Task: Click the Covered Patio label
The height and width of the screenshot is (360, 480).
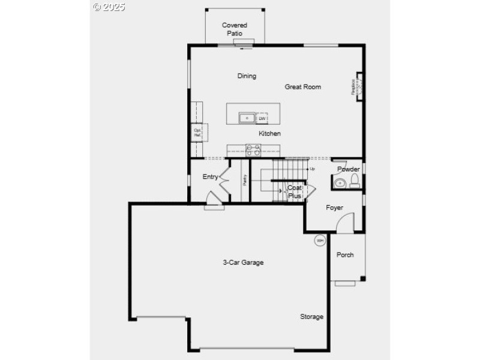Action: tap(235, 29)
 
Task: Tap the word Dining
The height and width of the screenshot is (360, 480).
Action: tap(247, 76)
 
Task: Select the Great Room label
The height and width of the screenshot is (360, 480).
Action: tap(302, 87)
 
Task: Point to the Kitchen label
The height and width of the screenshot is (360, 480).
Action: tap(269, 133)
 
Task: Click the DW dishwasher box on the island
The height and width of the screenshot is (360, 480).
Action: tap(262, 118)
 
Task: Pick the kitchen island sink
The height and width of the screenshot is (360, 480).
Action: tap(247, 118)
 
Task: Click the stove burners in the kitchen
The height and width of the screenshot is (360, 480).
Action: tap(253, 151)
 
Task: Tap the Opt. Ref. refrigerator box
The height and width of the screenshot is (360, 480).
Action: tap(197, 133)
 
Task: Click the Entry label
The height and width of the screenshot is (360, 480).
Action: tap(210, 176)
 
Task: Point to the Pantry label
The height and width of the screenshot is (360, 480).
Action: tap(245, 179)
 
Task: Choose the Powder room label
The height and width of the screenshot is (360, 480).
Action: tap(348, 169)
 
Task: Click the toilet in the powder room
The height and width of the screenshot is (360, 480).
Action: tap(355, 181)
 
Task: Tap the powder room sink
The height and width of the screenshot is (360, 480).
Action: tap(340, 183)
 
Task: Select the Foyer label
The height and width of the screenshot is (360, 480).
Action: tap(334, 208)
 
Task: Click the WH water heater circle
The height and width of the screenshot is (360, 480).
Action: tap(320, 241)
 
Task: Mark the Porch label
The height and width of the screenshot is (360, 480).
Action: tap(344, 255)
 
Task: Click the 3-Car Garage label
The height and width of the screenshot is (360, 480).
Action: tap(243, 262)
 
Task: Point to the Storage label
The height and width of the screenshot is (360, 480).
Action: tap(311, 316)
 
